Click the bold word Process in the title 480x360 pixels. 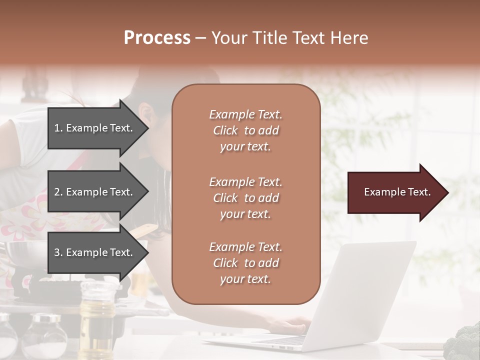click(157, 38)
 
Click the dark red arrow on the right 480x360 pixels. click(395, 192)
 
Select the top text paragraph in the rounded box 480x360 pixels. click(245, 130)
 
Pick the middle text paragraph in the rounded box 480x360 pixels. click(245, 198)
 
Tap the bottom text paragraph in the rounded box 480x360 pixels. click(245, 263)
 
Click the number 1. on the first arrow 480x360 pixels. click(58, 128)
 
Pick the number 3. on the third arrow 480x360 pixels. click(58, 252)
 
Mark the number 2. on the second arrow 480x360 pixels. click(58, 192)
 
